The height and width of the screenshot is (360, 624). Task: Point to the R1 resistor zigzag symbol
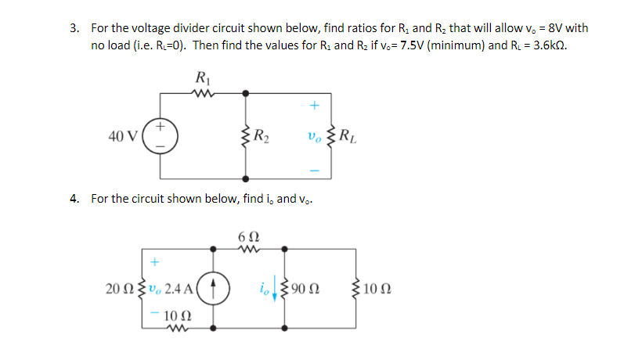(x=202, y=93)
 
